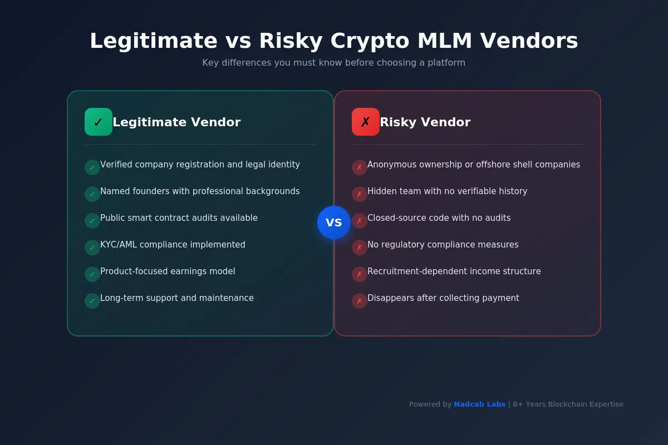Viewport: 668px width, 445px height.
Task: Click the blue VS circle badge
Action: [334, 222]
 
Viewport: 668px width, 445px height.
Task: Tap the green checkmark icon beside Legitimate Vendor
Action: [99, 122]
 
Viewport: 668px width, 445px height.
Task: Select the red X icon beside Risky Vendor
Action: [366, 122]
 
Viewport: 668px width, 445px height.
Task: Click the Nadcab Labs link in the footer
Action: [479, 404]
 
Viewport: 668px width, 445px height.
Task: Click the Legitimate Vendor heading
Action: [176, 122]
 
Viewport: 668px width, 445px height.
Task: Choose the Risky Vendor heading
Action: [425, 122]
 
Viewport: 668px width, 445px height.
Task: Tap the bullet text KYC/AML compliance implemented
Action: [173, 245]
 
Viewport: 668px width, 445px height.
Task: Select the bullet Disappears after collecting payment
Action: [443, 298]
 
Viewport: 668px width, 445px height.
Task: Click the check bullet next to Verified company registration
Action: [92, 167]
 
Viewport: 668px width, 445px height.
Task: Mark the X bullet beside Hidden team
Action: [360, 194]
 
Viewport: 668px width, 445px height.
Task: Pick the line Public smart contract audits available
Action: [179, 218]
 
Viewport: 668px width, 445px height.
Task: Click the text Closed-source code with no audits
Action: [439, 218]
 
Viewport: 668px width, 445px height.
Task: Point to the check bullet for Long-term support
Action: [92, 301]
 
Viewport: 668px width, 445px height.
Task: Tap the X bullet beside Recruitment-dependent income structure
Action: [360, 274]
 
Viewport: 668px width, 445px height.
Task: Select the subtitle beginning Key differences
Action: [334, 63]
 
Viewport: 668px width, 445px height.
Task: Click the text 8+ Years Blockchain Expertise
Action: [568, 404]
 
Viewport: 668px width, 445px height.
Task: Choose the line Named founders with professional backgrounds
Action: [200, 191]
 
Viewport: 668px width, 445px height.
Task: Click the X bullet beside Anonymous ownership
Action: [360, 167]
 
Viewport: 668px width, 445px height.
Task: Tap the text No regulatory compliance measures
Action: [443, 245]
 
